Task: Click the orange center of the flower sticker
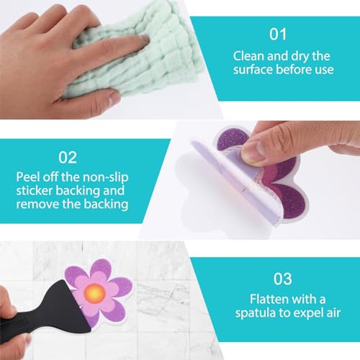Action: tap(94, 292)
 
